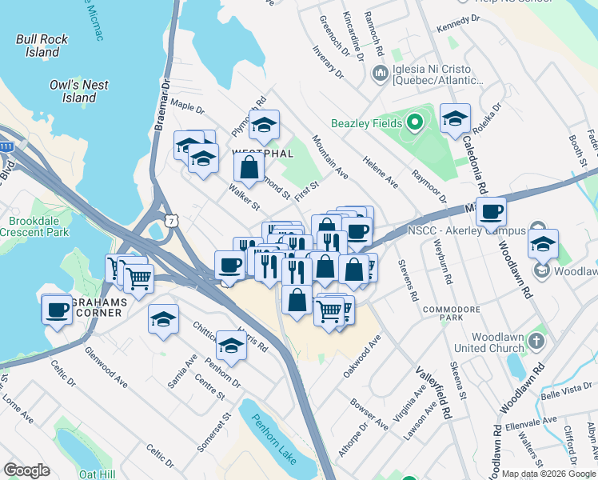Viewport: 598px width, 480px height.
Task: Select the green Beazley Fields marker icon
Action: pyautogui.click(x=414, y=123)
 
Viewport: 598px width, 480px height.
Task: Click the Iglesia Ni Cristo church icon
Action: pyautogui.click(x=381, y=74)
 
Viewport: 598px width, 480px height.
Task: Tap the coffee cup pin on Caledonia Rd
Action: pyautogui.click(x=492, y=212)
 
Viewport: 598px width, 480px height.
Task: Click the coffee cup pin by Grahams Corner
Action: pyautogui.click(x=58, y=309)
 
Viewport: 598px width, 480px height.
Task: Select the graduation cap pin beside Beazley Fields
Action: pyautogui.click(x=455, y=119)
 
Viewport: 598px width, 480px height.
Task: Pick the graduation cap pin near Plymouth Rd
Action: pyautogui.click(x=264, y=125)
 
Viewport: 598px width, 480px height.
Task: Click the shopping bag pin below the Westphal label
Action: pyautogui.click(x=249, y=166)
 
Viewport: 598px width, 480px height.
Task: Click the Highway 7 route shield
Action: pyautogui.click(x=169, y=219)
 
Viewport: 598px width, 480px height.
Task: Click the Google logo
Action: pyautogui.click(x=26, y=470)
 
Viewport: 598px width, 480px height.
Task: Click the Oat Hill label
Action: pyautogui.click(x=97, y=474)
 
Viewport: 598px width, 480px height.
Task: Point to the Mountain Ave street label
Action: pyautogui.click(x=330, y=157)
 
